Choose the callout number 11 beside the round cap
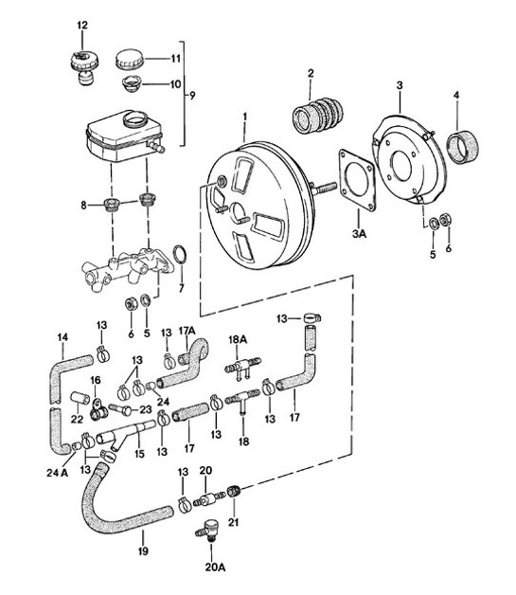(175, 59)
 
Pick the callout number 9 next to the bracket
(194, 96)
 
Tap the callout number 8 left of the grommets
(84, 205)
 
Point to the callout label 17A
(186, 331)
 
